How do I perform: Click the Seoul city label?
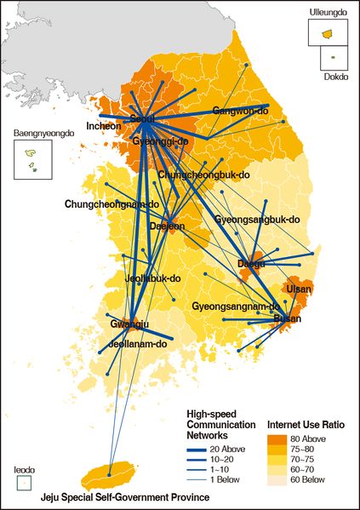pos(146,118)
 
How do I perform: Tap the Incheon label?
pos(104,127)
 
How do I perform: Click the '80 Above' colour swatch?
pos(281,440)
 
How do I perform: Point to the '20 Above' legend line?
pos(200,444)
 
